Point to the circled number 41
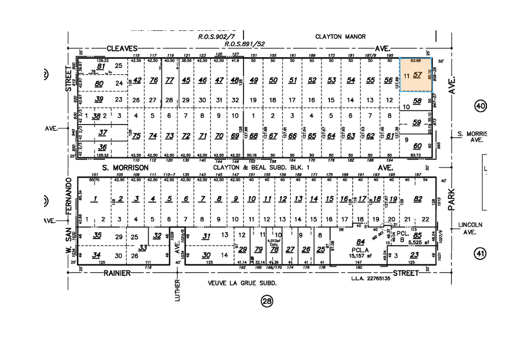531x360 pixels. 480,254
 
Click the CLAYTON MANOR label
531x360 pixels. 333,37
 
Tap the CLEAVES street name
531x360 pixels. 122,48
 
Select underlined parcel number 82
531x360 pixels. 418,199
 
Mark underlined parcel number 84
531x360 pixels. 361,241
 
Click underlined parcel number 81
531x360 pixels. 101,66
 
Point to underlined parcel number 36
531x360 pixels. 102,147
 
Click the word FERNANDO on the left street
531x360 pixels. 68,196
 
